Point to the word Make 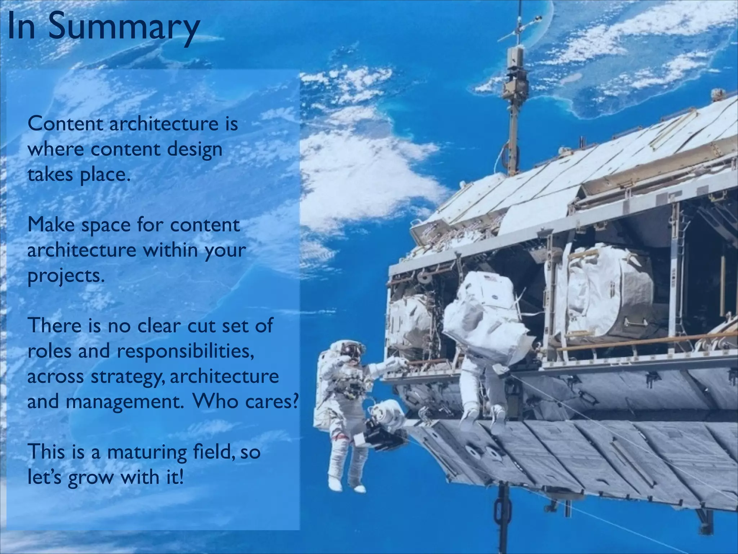51,225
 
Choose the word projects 65,276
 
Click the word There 54,325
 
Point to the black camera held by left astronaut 378,438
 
